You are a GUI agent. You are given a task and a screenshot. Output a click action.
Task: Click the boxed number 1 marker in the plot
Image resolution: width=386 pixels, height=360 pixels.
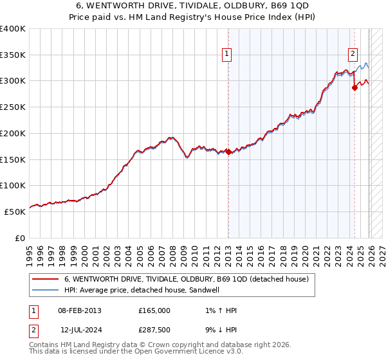228,55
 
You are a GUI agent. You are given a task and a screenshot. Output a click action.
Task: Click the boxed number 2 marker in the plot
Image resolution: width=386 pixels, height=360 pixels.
353,55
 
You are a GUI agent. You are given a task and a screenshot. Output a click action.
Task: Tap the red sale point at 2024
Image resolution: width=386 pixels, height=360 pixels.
354,88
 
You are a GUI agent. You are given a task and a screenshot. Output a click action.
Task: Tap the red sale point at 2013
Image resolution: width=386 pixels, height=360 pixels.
228,152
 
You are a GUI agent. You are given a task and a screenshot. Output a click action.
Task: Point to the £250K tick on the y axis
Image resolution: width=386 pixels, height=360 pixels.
12,107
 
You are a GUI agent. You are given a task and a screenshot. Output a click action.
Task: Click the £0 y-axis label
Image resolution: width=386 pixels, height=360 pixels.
21,237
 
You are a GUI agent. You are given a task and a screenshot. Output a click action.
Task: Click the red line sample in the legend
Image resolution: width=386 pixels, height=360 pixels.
46,280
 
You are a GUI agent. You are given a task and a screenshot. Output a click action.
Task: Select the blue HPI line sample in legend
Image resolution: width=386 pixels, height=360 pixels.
46,291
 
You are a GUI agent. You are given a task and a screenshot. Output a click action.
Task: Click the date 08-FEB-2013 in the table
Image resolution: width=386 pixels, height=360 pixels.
79,310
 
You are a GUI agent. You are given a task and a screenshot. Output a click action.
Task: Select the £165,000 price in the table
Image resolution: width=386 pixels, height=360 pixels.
154,310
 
